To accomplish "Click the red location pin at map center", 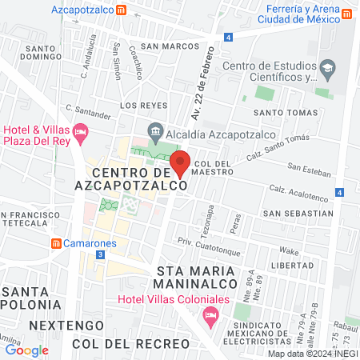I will pyautogui.click(x=181, y=162).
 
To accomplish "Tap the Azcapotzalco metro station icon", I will pyautogui.click(x=120, y=10).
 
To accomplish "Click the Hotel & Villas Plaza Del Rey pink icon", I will pyautogui.click(x=79, y=130).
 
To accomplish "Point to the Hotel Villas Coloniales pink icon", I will pyautogui.click(x=210, y=314).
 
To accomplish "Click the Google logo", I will pyautogui.click(x=26, y=350).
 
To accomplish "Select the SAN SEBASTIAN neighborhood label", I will pyautogui.click(x=298, y=214).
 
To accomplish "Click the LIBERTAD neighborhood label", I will pyautogui.click(x=293, y=265).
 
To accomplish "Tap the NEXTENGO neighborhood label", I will pyautogui.click(x=66, y=325).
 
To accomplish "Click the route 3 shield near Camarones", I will pyautogui.click(x=99, y=254).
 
